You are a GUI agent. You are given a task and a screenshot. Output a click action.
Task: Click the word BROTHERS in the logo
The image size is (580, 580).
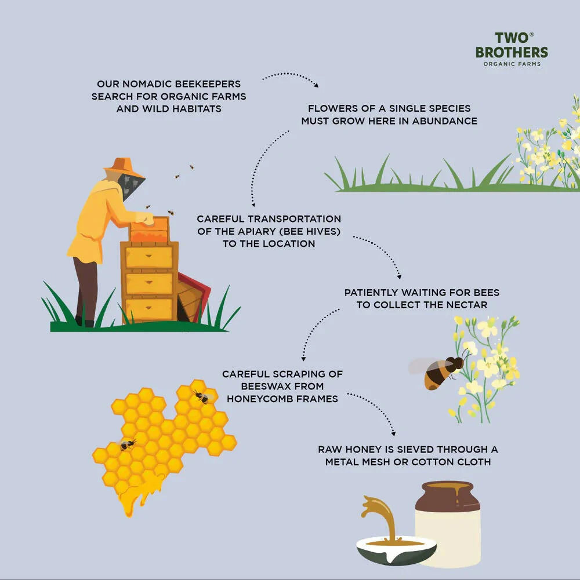512,52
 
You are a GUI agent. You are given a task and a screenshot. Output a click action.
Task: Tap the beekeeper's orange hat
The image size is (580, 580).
124,167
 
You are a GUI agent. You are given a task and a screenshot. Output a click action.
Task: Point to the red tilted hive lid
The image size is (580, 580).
194,297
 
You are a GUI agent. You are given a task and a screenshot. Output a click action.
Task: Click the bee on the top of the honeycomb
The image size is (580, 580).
202,397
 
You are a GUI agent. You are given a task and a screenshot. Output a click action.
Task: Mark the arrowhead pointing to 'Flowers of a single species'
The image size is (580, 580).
316,85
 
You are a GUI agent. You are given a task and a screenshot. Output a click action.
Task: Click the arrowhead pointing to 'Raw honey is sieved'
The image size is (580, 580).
393,433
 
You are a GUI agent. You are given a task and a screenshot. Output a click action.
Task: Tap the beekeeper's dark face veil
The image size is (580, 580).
130,187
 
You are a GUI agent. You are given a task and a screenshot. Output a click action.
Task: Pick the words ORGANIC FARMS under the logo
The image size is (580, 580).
512,64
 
